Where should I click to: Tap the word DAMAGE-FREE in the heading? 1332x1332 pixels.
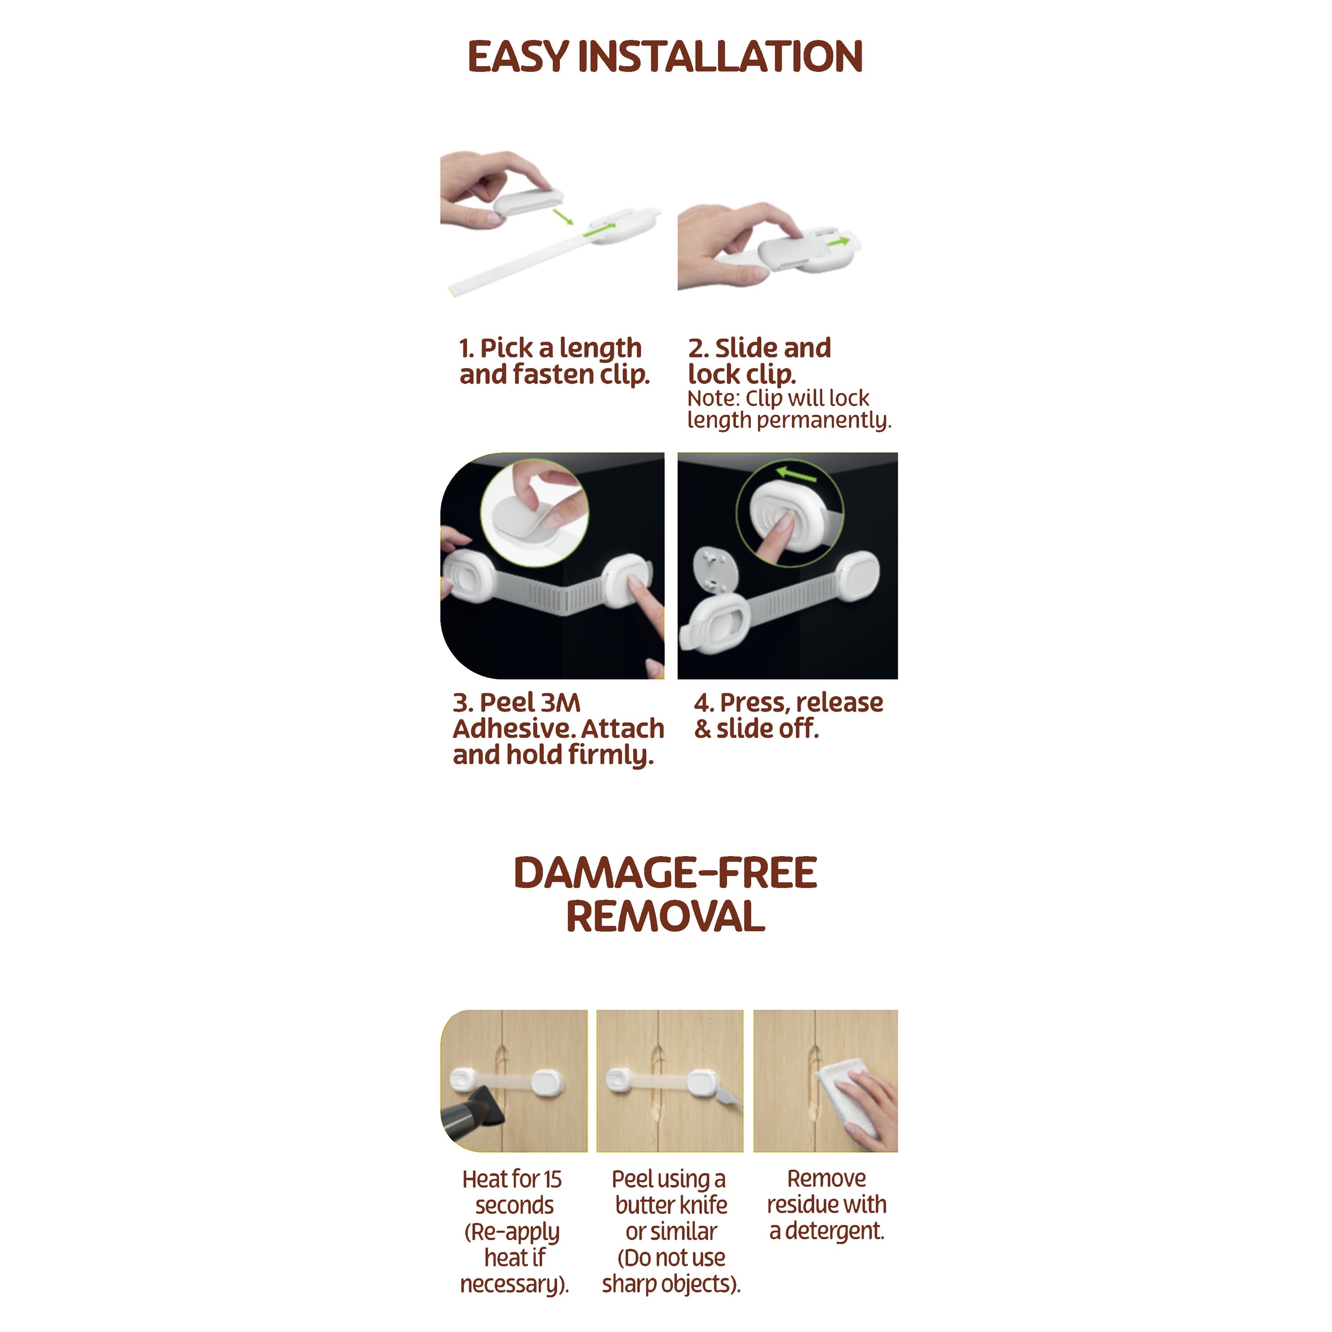click(x=665, y=873)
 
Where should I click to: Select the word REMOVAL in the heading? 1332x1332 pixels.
click(x=665, y=917)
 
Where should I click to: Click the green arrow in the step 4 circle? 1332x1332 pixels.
click(x=796, y=474)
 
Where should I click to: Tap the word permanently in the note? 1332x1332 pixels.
click(x=824, y=420)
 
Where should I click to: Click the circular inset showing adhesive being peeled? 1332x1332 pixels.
click(x=534, y=514)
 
